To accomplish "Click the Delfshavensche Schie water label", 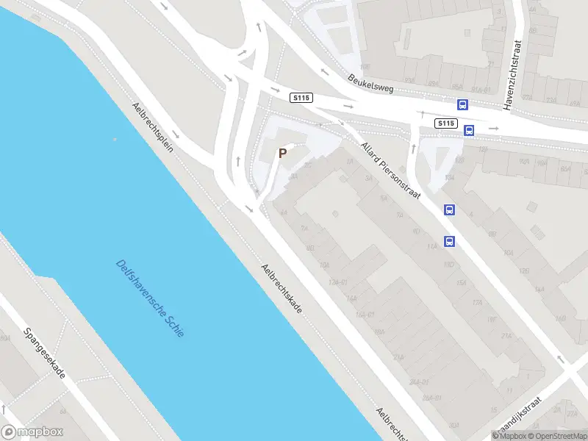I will (150, 298).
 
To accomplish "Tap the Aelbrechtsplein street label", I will (153, 126).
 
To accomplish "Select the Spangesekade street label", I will (45, 354).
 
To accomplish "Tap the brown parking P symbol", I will (282, 154).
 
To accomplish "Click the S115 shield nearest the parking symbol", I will (301, 98).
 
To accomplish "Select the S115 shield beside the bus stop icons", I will (445, 123).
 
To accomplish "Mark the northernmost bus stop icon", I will (463, 105).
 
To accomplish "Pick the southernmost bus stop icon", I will (449, 241).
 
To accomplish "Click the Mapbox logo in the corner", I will (32, 432).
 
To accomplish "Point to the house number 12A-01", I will (337, 282).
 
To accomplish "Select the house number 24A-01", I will (418, 382).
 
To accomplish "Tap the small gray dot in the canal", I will (115, 139).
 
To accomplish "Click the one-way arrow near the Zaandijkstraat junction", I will (561, 360).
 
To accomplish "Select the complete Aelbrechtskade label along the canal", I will (282, 290).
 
